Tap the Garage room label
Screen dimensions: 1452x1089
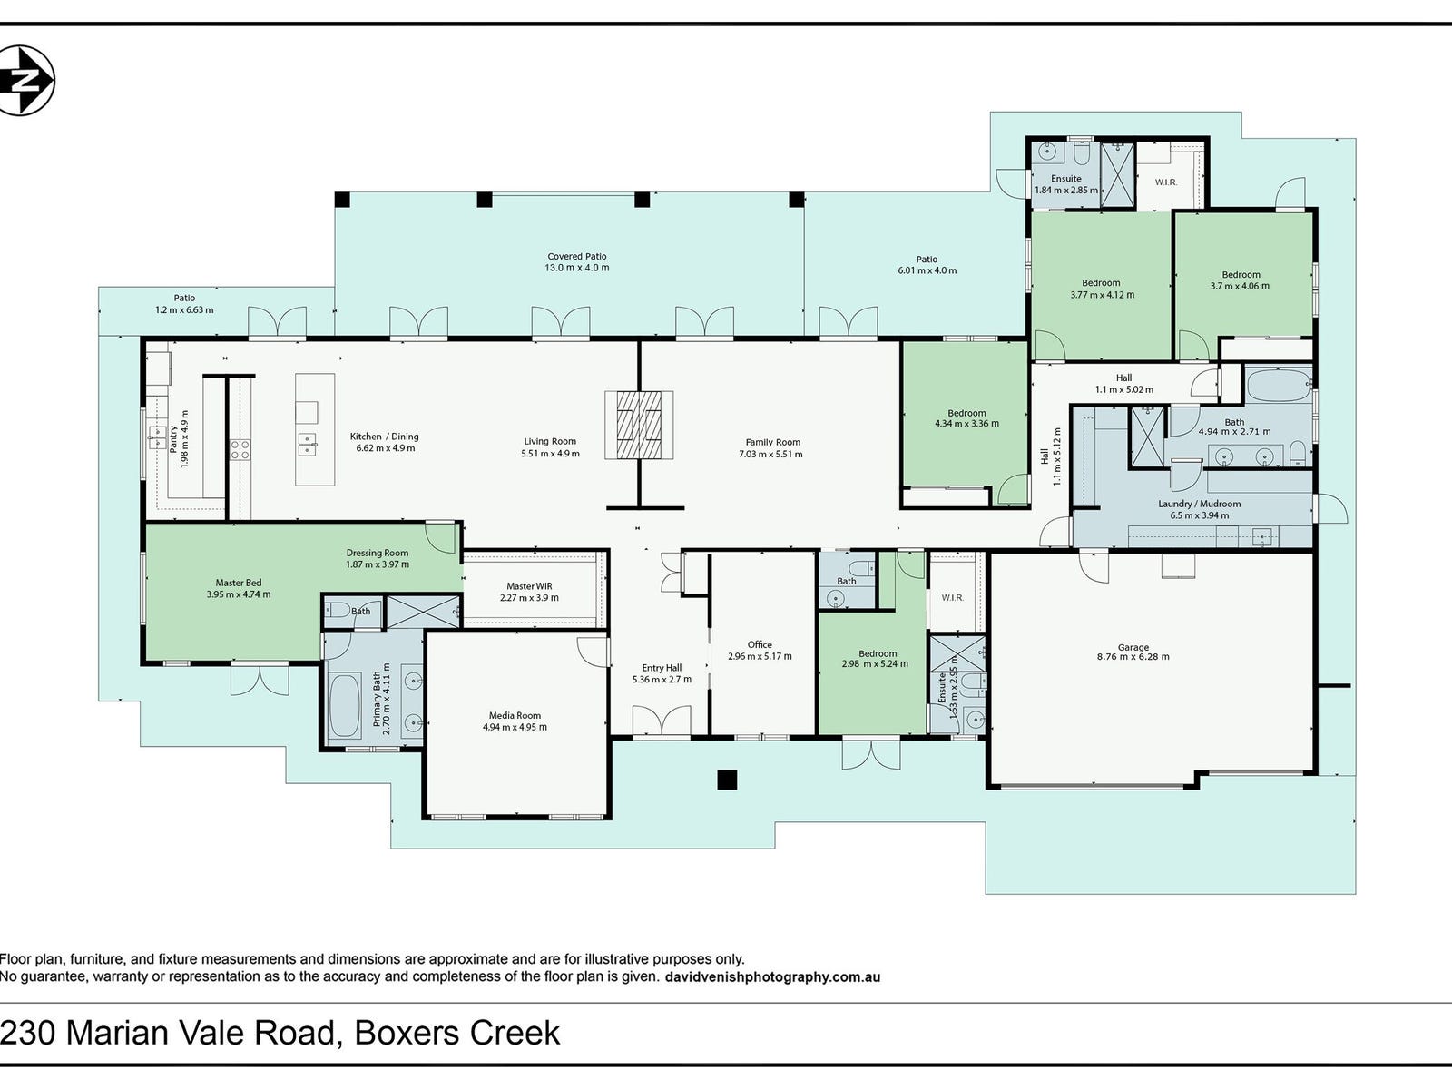(x=1133, y=647)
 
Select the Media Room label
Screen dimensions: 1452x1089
(x=515, y=715)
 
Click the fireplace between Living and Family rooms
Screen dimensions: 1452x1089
(x=639, y=425)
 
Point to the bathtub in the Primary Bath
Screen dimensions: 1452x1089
(x=345, y=705)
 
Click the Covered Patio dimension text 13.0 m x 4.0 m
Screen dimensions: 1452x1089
(x=577, y=268)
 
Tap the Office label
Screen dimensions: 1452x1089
(x=760, y=644)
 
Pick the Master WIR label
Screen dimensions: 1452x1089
(x=529, y=586)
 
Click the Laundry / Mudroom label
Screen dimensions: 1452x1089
(x=1200, y=504)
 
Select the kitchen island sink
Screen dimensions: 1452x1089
(x=307, y=445)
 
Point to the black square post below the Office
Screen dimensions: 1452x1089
(x=727, y=780)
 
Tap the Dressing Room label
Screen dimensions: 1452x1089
(x=377, y=553)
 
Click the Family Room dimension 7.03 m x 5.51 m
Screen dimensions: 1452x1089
(x=770, y=455)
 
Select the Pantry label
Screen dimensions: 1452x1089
(x=172, y=439)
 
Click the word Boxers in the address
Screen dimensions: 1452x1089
(x=407, y=1033)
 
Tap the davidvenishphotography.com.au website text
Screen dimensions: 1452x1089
(x=772, y=977)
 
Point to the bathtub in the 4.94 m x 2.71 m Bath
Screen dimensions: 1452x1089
(x=1278, y=384)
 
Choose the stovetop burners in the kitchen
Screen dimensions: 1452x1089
(x=240, y=449)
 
